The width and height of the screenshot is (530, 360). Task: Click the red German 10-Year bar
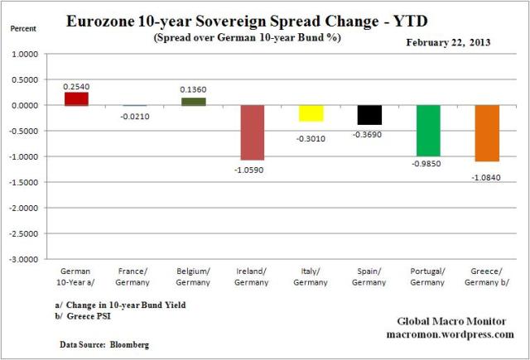77,98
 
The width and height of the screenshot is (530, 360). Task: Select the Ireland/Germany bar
253,132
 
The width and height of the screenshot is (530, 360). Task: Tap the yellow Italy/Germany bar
311,113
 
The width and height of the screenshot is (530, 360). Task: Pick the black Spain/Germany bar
369,115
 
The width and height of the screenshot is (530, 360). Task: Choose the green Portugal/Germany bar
428,131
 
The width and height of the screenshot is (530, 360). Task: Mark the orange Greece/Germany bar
487,133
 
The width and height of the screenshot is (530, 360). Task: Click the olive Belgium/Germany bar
194,102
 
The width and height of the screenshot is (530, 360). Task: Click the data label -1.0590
253,170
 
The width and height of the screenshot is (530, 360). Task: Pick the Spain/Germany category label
369,275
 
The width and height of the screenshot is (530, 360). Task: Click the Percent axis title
22,27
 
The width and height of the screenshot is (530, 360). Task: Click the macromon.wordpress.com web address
450,334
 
